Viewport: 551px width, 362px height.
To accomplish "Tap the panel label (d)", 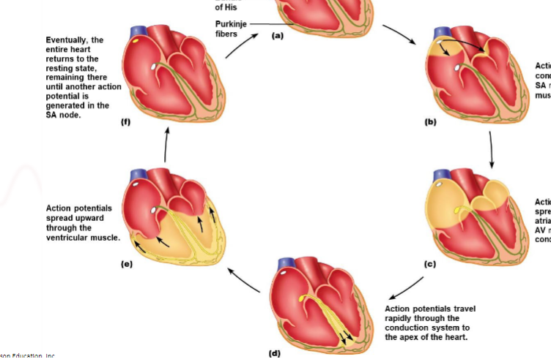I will click(274, 353).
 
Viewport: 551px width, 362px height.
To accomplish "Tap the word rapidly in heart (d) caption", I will click(402, 318).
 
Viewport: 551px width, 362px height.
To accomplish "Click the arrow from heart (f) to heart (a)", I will click(240, 46).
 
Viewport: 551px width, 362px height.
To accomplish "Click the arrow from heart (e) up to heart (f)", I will click(166, 147).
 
